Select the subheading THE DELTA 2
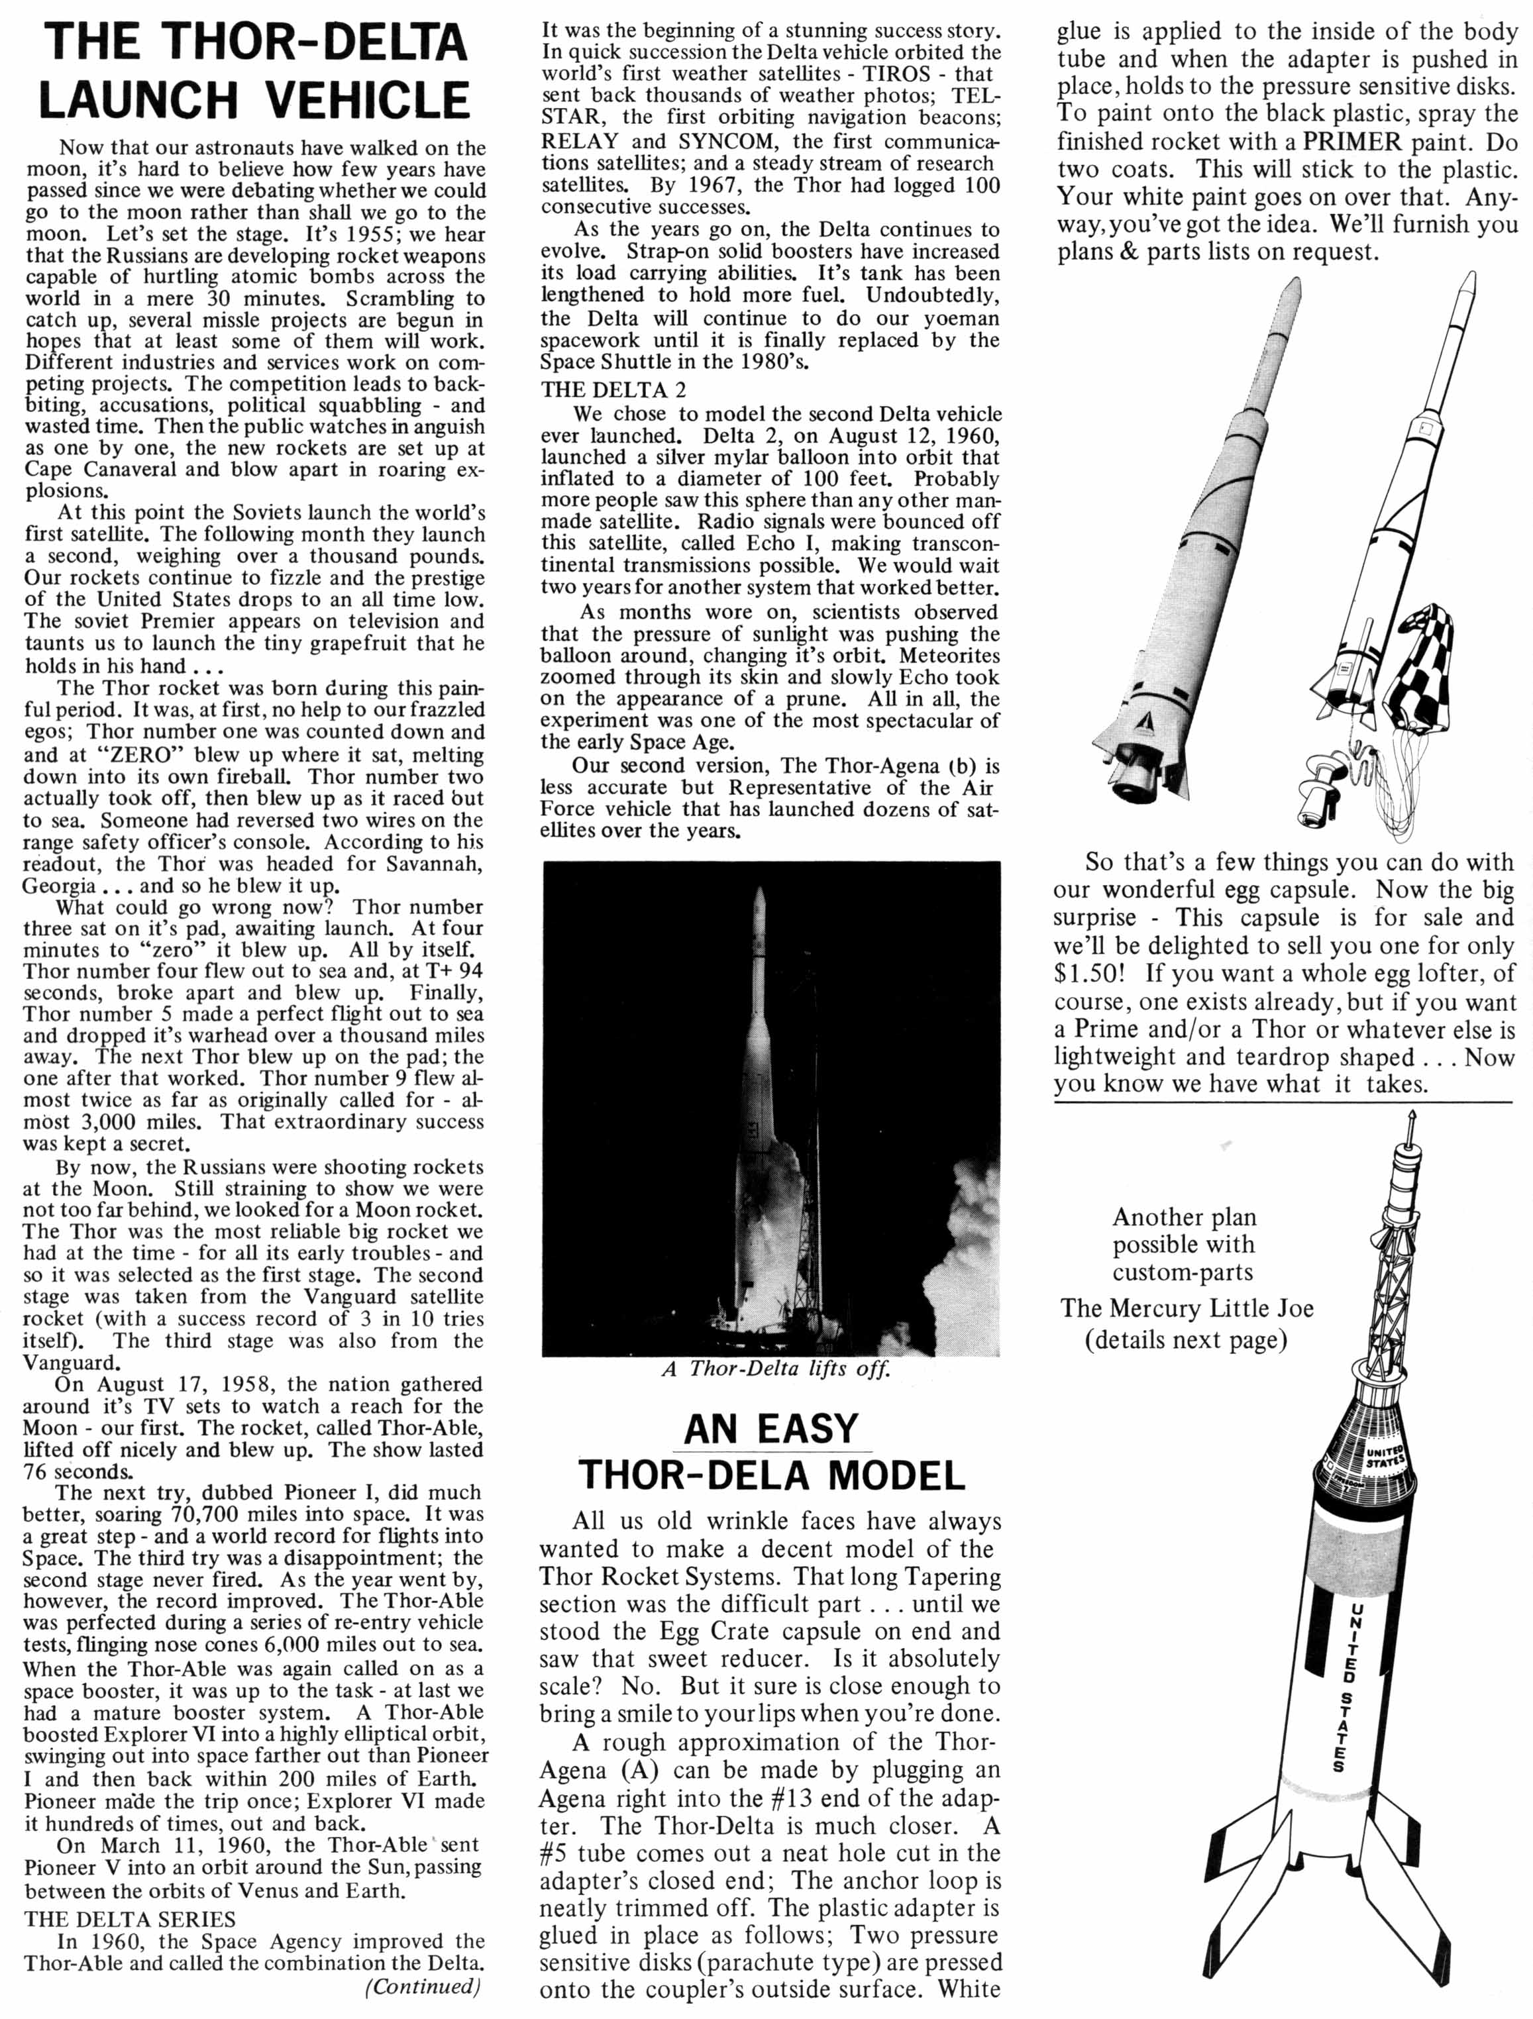click(x=613, y=389)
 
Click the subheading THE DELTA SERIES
click(x=130, y=1918)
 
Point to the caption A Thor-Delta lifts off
click(x=775, y=1369)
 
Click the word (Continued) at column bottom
click(x=422, y=1986)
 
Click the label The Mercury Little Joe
click(x=1187, y=1308)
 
